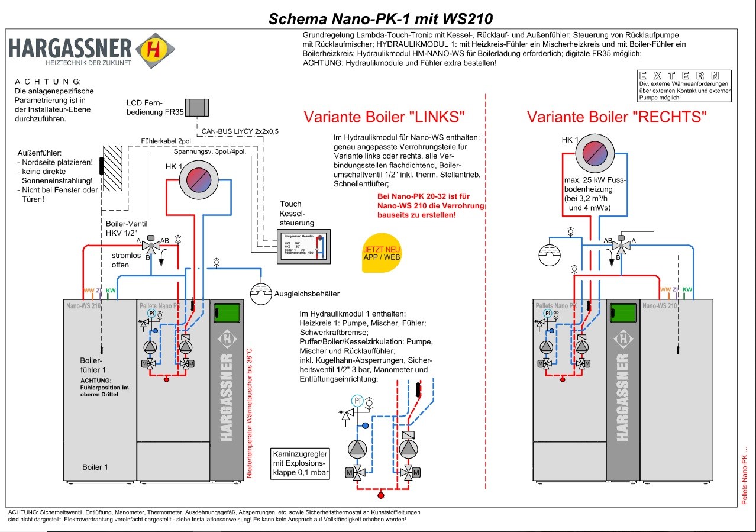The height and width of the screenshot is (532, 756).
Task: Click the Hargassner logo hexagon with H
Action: pyautogui.click(x=155, y=50)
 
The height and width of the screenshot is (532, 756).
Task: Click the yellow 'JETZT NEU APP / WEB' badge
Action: pyautogui.click(x=382, y=253)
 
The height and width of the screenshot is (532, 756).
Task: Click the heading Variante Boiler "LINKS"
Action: pyautogui.click(x=384, y=116)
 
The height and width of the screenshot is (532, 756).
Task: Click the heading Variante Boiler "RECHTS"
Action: pyautogui.click(x=617, y=117)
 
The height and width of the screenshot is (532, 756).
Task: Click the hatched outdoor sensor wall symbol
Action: pyautogui.click(x=112, y=168)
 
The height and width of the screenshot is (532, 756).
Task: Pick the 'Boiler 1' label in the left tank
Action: pyautogui.click(x=95, y=467)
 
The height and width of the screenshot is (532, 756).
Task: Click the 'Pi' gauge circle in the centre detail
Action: pyautogui.click(x=357, y=401)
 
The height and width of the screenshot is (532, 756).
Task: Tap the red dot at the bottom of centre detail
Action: pyautogui.click(x=381, y=495)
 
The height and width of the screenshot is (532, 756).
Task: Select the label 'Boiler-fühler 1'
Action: pyautogui.click(x=92, y=365)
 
